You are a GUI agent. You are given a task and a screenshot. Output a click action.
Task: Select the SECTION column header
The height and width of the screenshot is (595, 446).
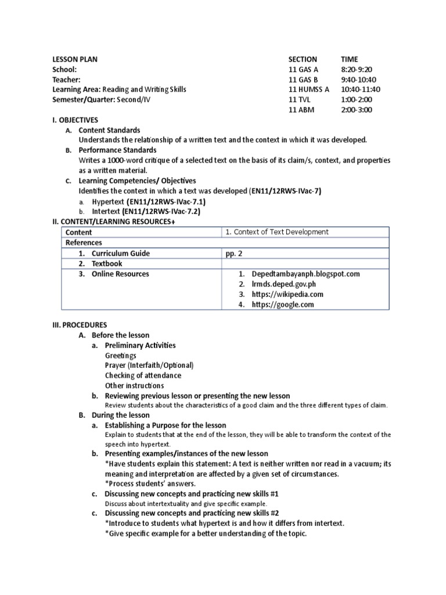[x=303, y=59]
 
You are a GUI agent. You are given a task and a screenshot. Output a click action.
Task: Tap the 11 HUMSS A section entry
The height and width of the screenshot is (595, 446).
[x=308, y=89]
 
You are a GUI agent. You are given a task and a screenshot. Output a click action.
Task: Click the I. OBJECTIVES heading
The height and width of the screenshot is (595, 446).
[x=75, y=120]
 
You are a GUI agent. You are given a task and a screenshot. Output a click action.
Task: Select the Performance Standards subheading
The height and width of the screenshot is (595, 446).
[x=117, y=150]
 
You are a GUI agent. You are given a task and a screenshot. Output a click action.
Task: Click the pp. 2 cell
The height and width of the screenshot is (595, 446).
[x=235, y=253]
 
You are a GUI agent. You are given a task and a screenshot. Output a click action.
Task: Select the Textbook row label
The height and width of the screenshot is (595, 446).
[x=107, y=264]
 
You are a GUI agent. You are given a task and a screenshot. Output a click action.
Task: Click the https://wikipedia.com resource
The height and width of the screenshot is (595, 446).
[x=287, y=294]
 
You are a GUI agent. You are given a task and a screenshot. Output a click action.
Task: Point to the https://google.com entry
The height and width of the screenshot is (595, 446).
[x=283, y=304]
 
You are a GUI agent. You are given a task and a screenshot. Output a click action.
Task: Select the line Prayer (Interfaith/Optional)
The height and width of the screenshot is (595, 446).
[x=149, y=365]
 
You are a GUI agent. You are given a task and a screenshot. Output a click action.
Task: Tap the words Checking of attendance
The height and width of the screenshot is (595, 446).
[x=143, y=375]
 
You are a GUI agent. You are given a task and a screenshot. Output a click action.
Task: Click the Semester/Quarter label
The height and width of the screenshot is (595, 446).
[x=77, y=99]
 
